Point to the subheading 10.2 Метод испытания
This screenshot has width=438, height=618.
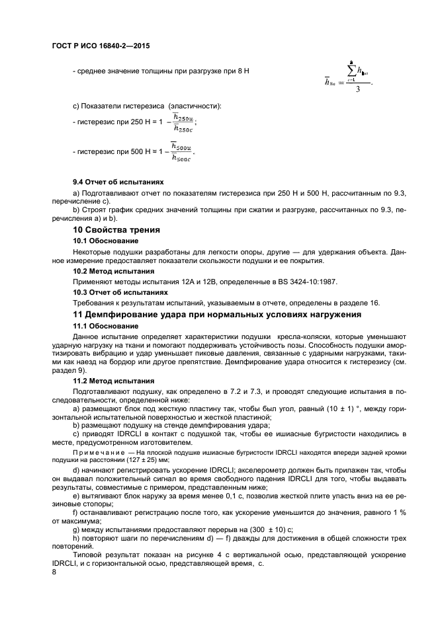click(113, 271)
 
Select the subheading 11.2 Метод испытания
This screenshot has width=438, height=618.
click(113, 381)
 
